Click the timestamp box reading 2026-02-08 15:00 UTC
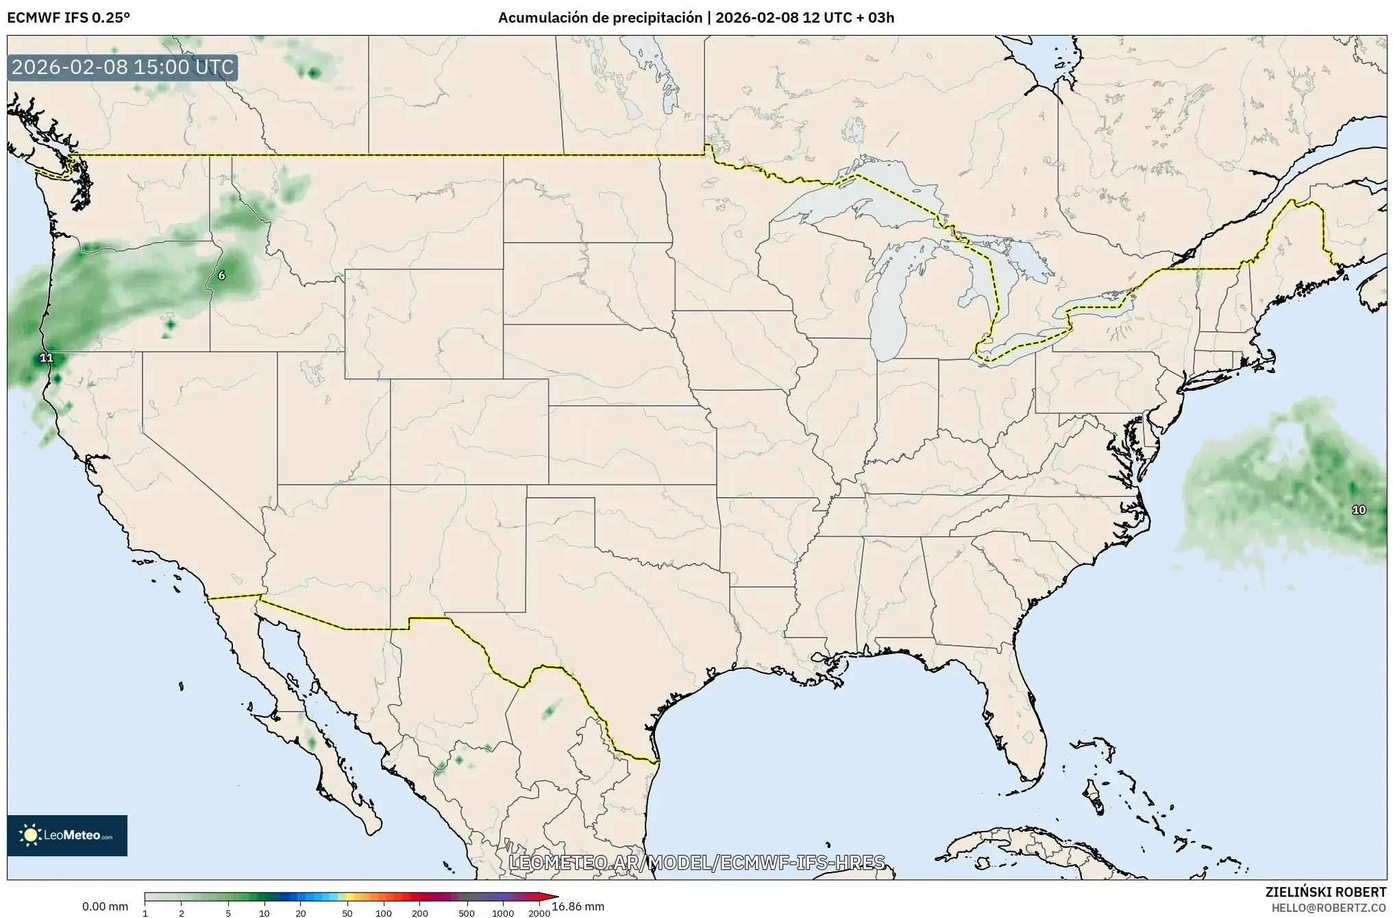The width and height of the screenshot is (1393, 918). [123, 68]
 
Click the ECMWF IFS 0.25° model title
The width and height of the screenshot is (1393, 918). [68, 17]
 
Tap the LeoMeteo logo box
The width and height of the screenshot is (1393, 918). [67, 835]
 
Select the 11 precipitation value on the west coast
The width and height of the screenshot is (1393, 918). [46, 358]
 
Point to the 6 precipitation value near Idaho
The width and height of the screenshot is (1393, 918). [221, 276]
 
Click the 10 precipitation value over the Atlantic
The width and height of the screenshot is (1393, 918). [1358, 509]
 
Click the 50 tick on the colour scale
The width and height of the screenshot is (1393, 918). [347, 913]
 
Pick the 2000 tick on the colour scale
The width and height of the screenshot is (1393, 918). [539, 913]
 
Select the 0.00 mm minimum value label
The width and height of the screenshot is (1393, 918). [105, 906]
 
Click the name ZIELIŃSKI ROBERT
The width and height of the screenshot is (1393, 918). [1325, 892]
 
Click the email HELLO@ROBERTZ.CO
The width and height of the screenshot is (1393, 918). [1329, 907]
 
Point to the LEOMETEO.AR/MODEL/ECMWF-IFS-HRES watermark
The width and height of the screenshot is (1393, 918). [696, 862]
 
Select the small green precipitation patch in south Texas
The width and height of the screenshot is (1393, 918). [549, 712]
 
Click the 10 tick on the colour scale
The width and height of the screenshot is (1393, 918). [264, 913]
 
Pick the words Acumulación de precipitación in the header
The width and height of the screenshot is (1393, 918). [600, 17]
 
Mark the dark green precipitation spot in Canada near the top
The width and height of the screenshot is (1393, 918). [314, 73]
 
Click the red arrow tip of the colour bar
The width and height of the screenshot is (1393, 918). [554, 896]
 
